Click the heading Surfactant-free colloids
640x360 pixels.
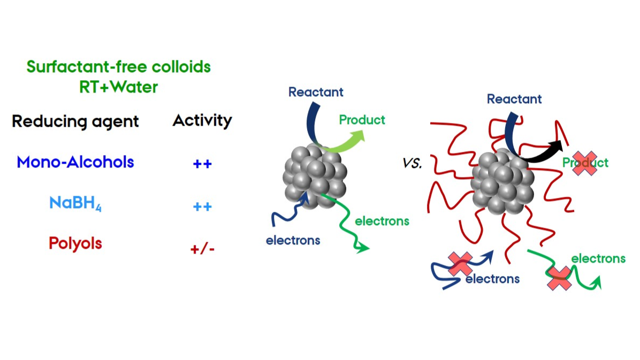[x=118, y=67]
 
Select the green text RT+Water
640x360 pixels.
[x=119, y=87]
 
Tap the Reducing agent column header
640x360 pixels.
[x=75, y=121]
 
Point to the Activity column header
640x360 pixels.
[x=202, y=120]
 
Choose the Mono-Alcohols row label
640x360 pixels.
[x=75, y=162]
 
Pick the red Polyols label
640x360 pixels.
[x=75, y=243]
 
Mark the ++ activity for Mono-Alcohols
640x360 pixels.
[x=202, y=164]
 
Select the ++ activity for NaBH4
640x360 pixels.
[x=202, y=206]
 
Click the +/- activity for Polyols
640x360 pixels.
[x=202, y=249]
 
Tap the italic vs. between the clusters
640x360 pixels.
[x=412, y=164]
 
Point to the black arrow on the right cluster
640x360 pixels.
[x=540, y=150]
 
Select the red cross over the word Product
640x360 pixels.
[x=584, y=164]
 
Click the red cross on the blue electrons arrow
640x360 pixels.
[x=460, y=264]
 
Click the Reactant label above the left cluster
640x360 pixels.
[x=316, y=92]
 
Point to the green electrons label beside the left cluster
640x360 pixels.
[x=382, y=220]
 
